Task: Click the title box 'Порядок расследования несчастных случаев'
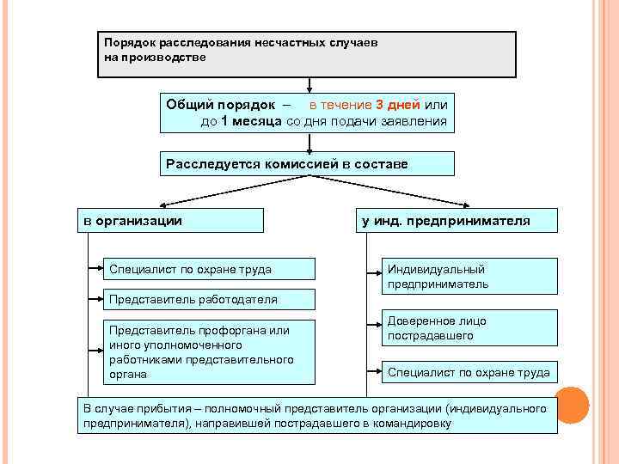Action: (306, 55)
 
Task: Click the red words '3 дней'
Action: (398, 105)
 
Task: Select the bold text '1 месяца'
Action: (251, 121)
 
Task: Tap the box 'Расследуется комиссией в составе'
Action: (307, 163)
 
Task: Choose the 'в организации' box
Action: (170, 221)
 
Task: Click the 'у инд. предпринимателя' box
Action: (457, 221)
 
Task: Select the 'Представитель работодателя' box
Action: (206, 299)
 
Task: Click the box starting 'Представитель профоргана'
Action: (205, 351)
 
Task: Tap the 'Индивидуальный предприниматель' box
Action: (469, 277)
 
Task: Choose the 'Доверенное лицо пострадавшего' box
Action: (469, 327)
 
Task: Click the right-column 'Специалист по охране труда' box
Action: (469, 372)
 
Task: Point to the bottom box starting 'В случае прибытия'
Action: (317, 416)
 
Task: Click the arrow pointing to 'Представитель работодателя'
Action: (94, 299)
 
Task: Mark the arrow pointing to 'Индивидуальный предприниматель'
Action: (373, 276)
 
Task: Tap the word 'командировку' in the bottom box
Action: (414, 424)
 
